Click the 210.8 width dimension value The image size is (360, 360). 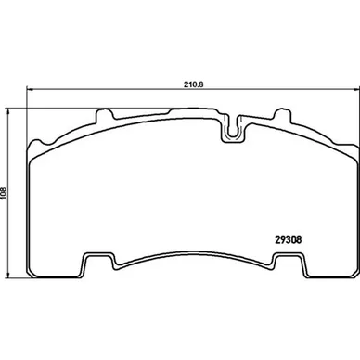(x=194, y=84)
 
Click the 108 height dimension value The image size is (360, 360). (x=4, y=193)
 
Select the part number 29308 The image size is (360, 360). (x=288, y=240)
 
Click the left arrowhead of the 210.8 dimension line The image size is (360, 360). (x=30, y=89)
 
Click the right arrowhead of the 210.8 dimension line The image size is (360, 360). (x=354, y=89)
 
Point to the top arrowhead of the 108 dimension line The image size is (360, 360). (x=8, y=111)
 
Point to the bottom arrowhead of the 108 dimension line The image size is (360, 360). (x=8, y=275)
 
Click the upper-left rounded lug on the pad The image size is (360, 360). (x=104, y=115)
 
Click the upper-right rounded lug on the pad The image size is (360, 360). (x=282, y=115)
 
